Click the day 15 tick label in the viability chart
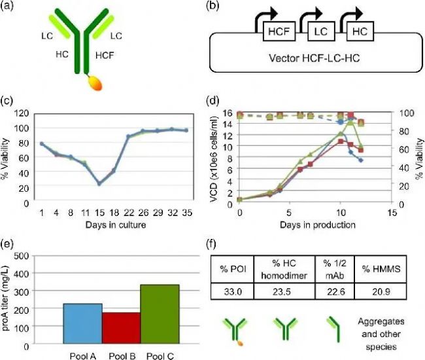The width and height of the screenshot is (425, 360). [x=99, y=212]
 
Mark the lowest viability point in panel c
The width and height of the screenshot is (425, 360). [x=99, y=184]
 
